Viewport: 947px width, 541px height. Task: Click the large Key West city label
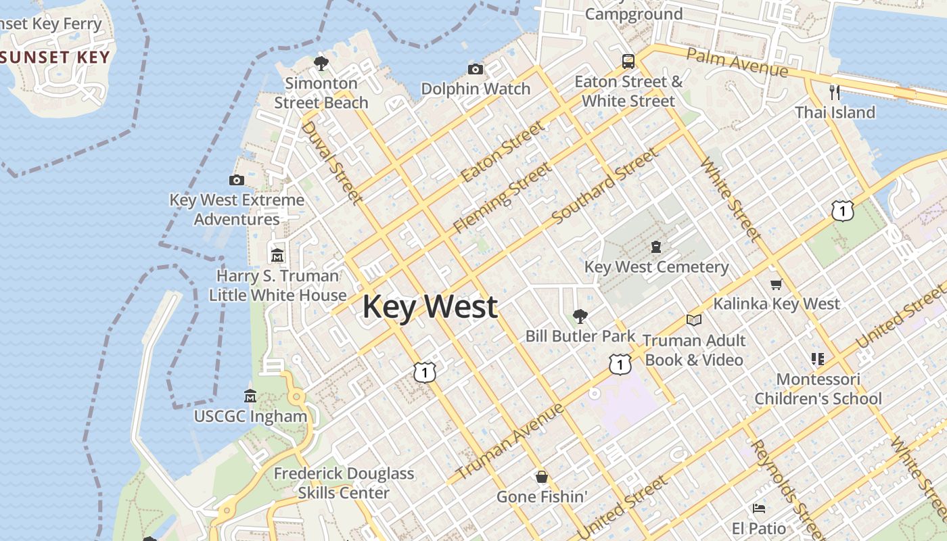click(430, 307)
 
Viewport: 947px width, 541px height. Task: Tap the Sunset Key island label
click(55, 57)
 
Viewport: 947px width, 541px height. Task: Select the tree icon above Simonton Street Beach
click(321, 64)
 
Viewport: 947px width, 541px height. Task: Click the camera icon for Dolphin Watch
click(476, 69)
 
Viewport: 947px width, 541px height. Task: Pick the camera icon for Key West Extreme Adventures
click(237, 180)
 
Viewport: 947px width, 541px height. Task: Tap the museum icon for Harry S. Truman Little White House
click(277, 256)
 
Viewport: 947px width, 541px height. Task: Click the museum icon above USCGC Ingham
click(250, 396)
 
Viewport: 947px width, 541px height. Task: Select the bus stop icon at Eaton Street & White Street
click(628, 62)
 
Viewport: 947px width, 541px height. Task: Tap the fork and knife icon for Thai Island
click(835, 92)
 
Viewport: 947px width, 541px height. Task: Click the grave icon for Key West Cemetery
click(656, 246)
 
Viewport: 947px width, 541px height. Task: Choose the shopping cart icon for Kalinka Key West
click(776, 284)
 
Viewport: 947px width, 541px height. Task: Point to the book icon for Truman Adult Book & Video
click(693, 320)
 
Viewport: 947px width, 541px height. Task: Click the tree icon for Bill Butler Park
click(580, 316)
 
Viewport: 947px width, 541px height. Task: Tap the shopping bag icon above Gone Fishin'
click(541, 477)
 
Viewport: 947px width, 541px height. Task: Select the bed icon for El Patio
click(759, 508)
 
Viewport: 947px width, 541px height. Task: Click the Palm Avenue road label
click(737, 62)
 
